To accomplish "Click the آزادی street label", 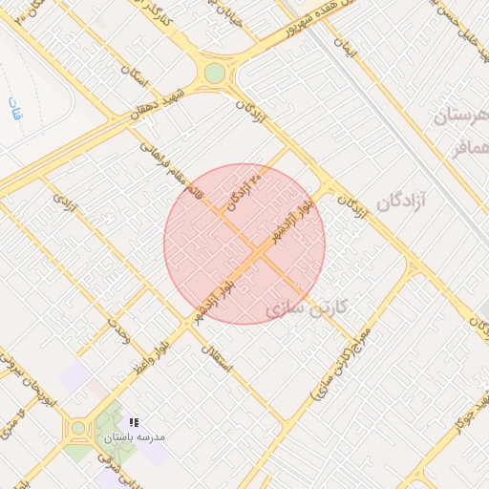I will tap(65, 202).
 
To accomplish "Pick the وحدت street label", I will tap(118, 330).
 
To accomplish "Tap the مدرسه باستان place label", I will tap(136, 436).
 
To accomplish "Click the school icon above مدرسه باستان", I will tap(135, 421).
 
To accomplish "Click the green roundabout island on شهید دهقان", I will tap(215, 73).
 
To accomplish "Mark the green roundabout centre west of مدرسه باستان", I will tap(78, 429).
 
